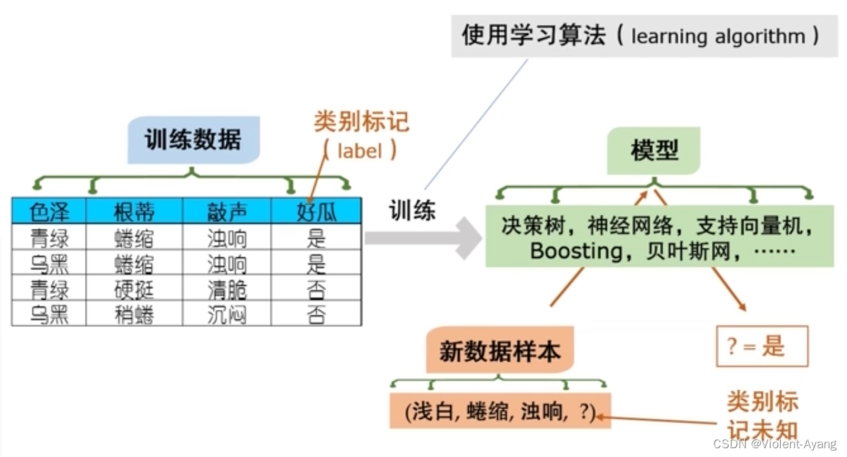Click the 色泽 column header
pyautogui.click(x=49, y=212)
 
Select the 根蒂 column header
pyautogui.click(x=134, y=212)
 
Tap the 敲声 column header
pyautogui.click(x=226, y=212)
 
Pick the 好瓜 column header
pyautogui.click(x=316, y=212)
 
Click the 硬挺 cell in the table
pyautogui.click(x=134, y=290)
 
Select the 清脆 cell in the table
pyautogui.click(x=226, y=290)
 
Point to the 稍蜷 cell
pyautogui.click(x=134, y=315)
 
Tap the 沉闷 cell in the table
pyautogui.click(x=226, y=315)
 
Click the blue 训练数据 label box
pyautogui.click(x=193, y=140)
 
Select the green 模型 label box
pyautogui.click(x=654, y=150)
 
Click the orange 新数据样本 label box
pyautogui.click(x=499, y=351)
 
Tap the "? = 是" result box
pyautogui.click(x=761, y=346)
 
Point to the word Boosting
pyautogui.click(x=576, y=251)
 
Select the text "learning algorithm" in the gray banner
pyautogui.click(x=718, y=36)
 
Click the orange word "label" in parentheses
pyautogui.click(x=359, y=151)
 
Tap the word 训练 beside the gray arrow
pyautogui.click(x=412, y=211)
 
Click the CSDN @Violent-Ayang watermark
pyautogui.click(x=774, y=444)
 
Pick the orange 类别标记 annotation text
pyautogui.click(x=361, y=122)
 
